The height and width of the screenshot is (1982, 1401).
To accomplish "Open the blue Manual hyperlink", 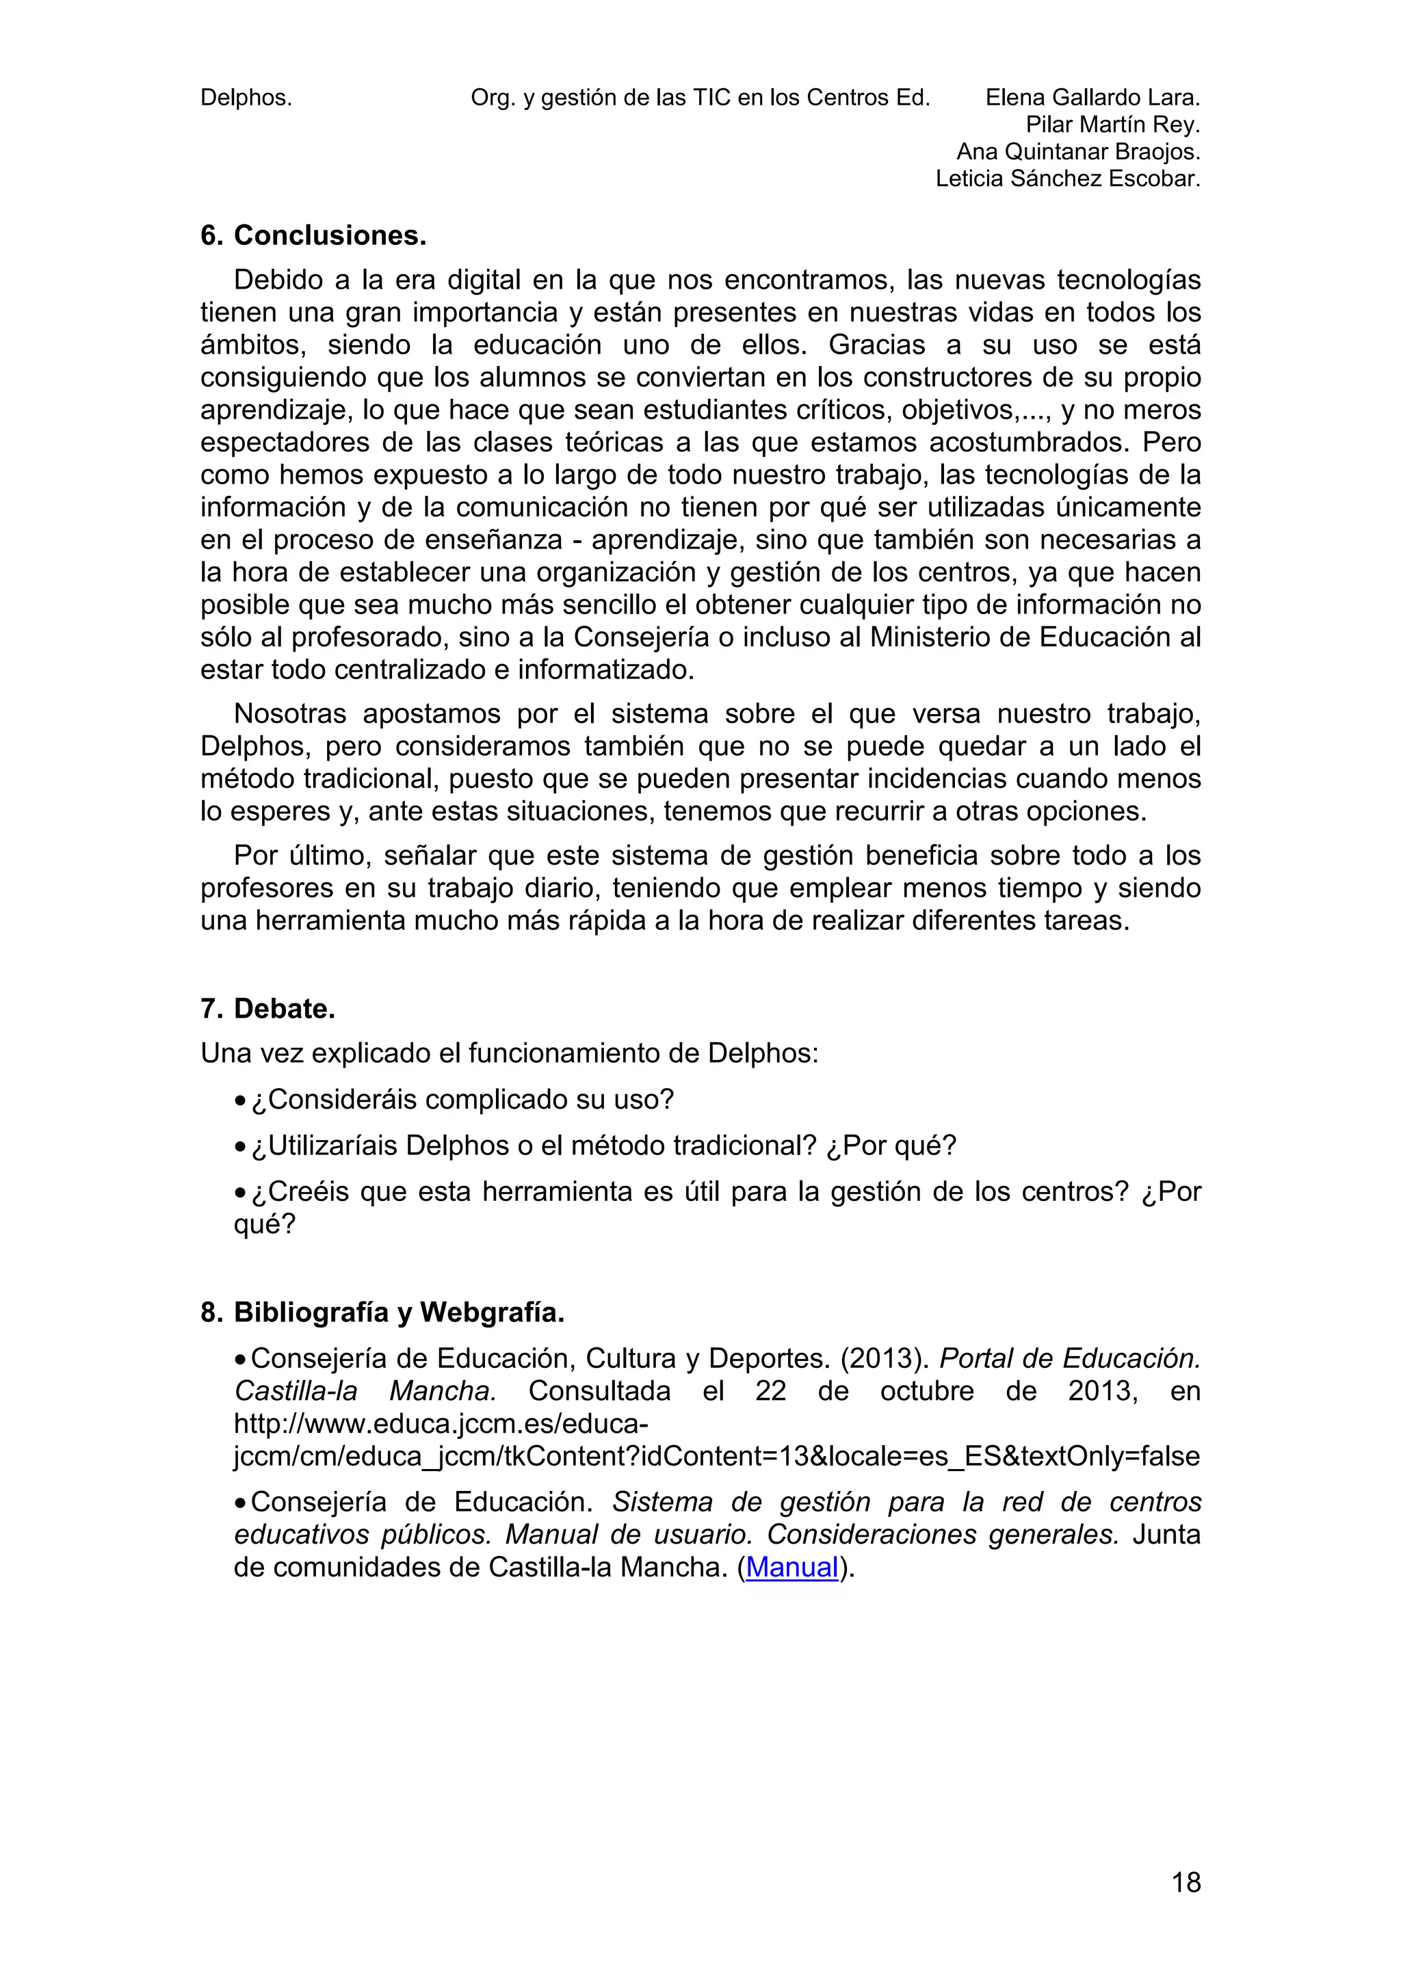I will pyautogui.click(x=791, y=1567).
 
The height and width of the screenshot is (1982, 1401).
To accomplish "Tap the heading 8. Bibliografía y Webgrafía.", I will pyautogui.click(x=382, y=1312).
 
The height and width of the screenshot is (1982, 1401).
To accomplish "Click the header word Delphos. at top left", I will pyautogui.click(x=246, y=98).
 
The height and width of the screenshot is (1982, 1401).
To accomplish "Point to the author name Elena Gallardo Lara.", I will pyautogui.click(x=1093, y=98).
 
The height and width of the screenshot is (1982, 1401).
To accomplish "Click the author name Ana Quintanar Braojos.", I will pyautogui.click(x=1078, y=152).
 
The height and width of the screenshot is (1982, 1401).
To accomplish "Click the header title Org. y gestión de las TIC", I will pyautogui.click(x=700, y=98).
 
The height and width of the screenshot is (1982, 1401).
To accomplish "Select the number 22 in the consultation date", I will pyautogui.click(x=770, y=1390).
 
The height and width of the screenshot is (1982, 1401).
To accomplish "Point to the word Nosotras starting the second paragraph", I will pyautogui.click(x=290, y=714).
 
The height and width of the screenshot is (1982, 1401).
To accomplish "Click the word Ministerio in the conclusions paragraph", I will pyautogui.click(x=937, y=637).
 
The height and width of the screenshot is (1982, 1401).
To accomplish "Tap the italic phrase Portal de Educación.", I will pyautogui.click(x=1069, y=1359).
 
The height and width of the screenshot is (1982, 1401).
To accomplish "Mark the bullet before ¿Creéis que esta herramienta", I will pyautogui.click(x=240, y=1193).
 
